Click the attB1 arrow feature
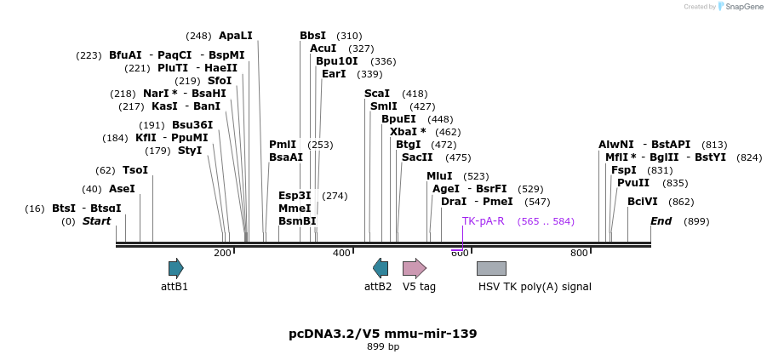tap(175, 268)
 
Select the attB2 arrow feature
tap(381, 268)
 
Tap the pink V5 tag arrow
tap(414, 268)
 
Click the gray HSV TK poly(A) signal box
tap(491, 268)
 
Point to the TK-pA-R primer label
tap(483, 221)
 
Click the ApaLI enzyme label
tap(236, 36)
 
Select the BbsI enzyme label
tap(312, 36)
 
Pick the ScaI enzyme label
tap(377, 94)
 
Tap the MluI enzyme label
tap(439, 176)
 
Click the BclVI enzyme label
tap(642, 202)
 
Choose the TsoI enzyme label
tap(135, 170)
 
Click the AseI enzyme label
tap(122, 189)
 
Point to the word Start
tap(96, 221)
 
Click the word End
tap(661, 221)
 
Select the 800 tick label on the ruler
tap(579, 253)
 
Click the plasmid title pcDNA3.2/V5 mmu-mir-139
tap(383, 334)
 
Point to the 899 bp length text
tap(383, 346)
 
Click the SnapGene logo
tap(737, 7)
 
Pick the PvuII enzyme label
tap(633, 183)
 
